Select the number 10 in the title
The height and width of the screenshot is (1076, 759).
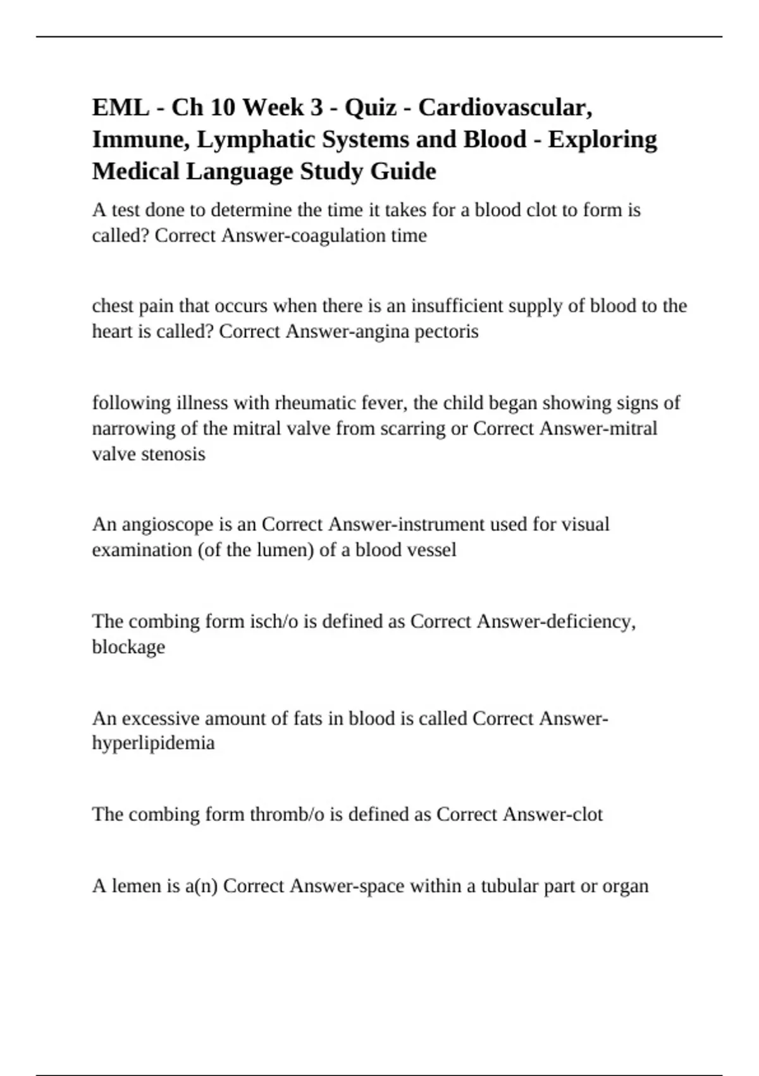223,108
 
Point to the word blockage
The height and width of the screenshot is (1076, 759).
128,647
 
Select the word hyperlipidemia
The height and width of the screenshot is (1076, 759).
153,742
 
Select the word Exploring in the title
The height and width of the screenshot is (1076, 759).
602,139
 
